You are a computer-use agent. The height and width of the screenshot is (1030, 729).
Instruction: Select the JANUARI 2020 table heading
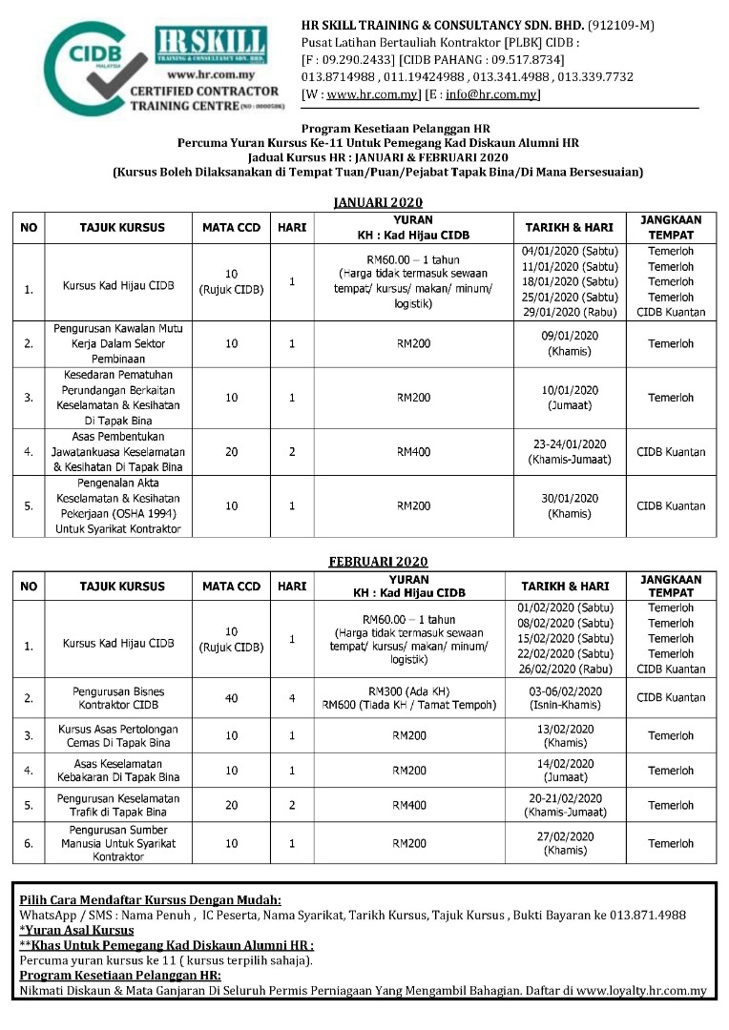tap(377, 202)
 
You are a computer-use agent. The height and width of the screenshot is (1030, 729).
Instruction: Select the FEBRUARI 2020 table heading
tap(379, 562)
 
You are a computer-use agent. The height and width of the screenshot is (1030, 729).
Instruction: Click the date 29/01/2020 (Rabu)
tap(570, 312)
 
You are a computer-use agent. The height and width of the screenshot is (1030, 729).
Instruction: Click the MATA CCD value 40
tap(232, 698)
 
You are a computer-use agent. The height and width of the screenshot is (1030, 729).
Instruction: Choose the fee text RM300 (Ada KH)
tap(411, 690)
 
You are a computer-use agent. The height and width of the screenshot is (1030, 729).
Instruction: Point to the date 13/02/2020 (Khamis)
tap(568, 735)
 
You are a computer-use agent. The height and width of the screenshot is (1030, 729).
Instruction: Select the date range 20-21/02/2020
tap(570, 799)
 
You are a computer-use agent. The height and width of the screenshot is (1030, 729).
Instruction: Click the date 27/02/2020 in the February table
tap(568, 836)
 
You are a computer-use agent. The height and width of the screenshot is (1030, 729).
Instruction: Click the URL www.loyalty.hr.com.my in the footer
tap(641, 991)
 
